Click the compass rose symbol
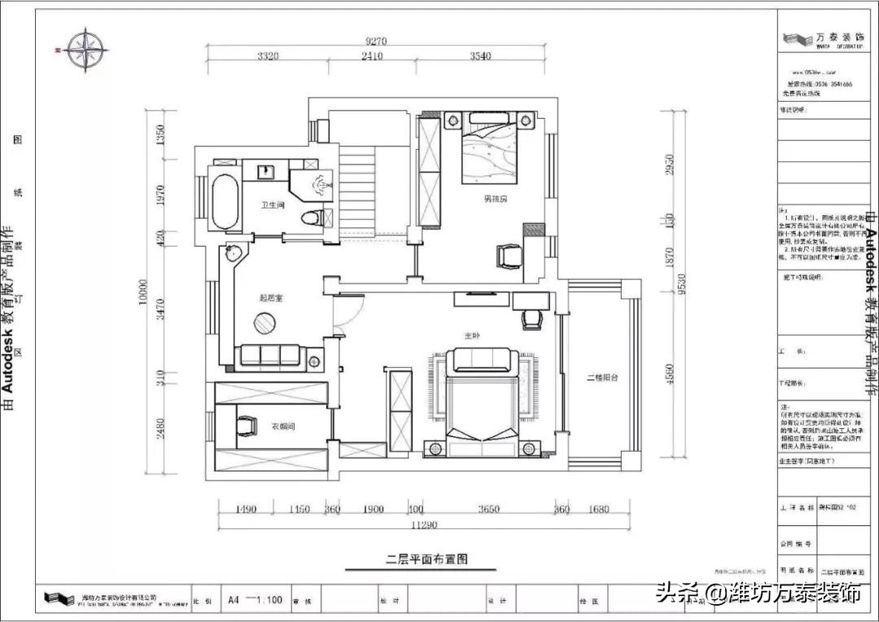pyautogui.click(x=87, y=50)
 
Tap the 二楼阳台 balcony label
pyautogui.click(x=602, y=378)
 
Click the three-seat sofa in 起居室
pyautogui.click(x=279, y=356)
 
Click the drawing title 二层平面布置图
pyautogui.click(x=426, y=559)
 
